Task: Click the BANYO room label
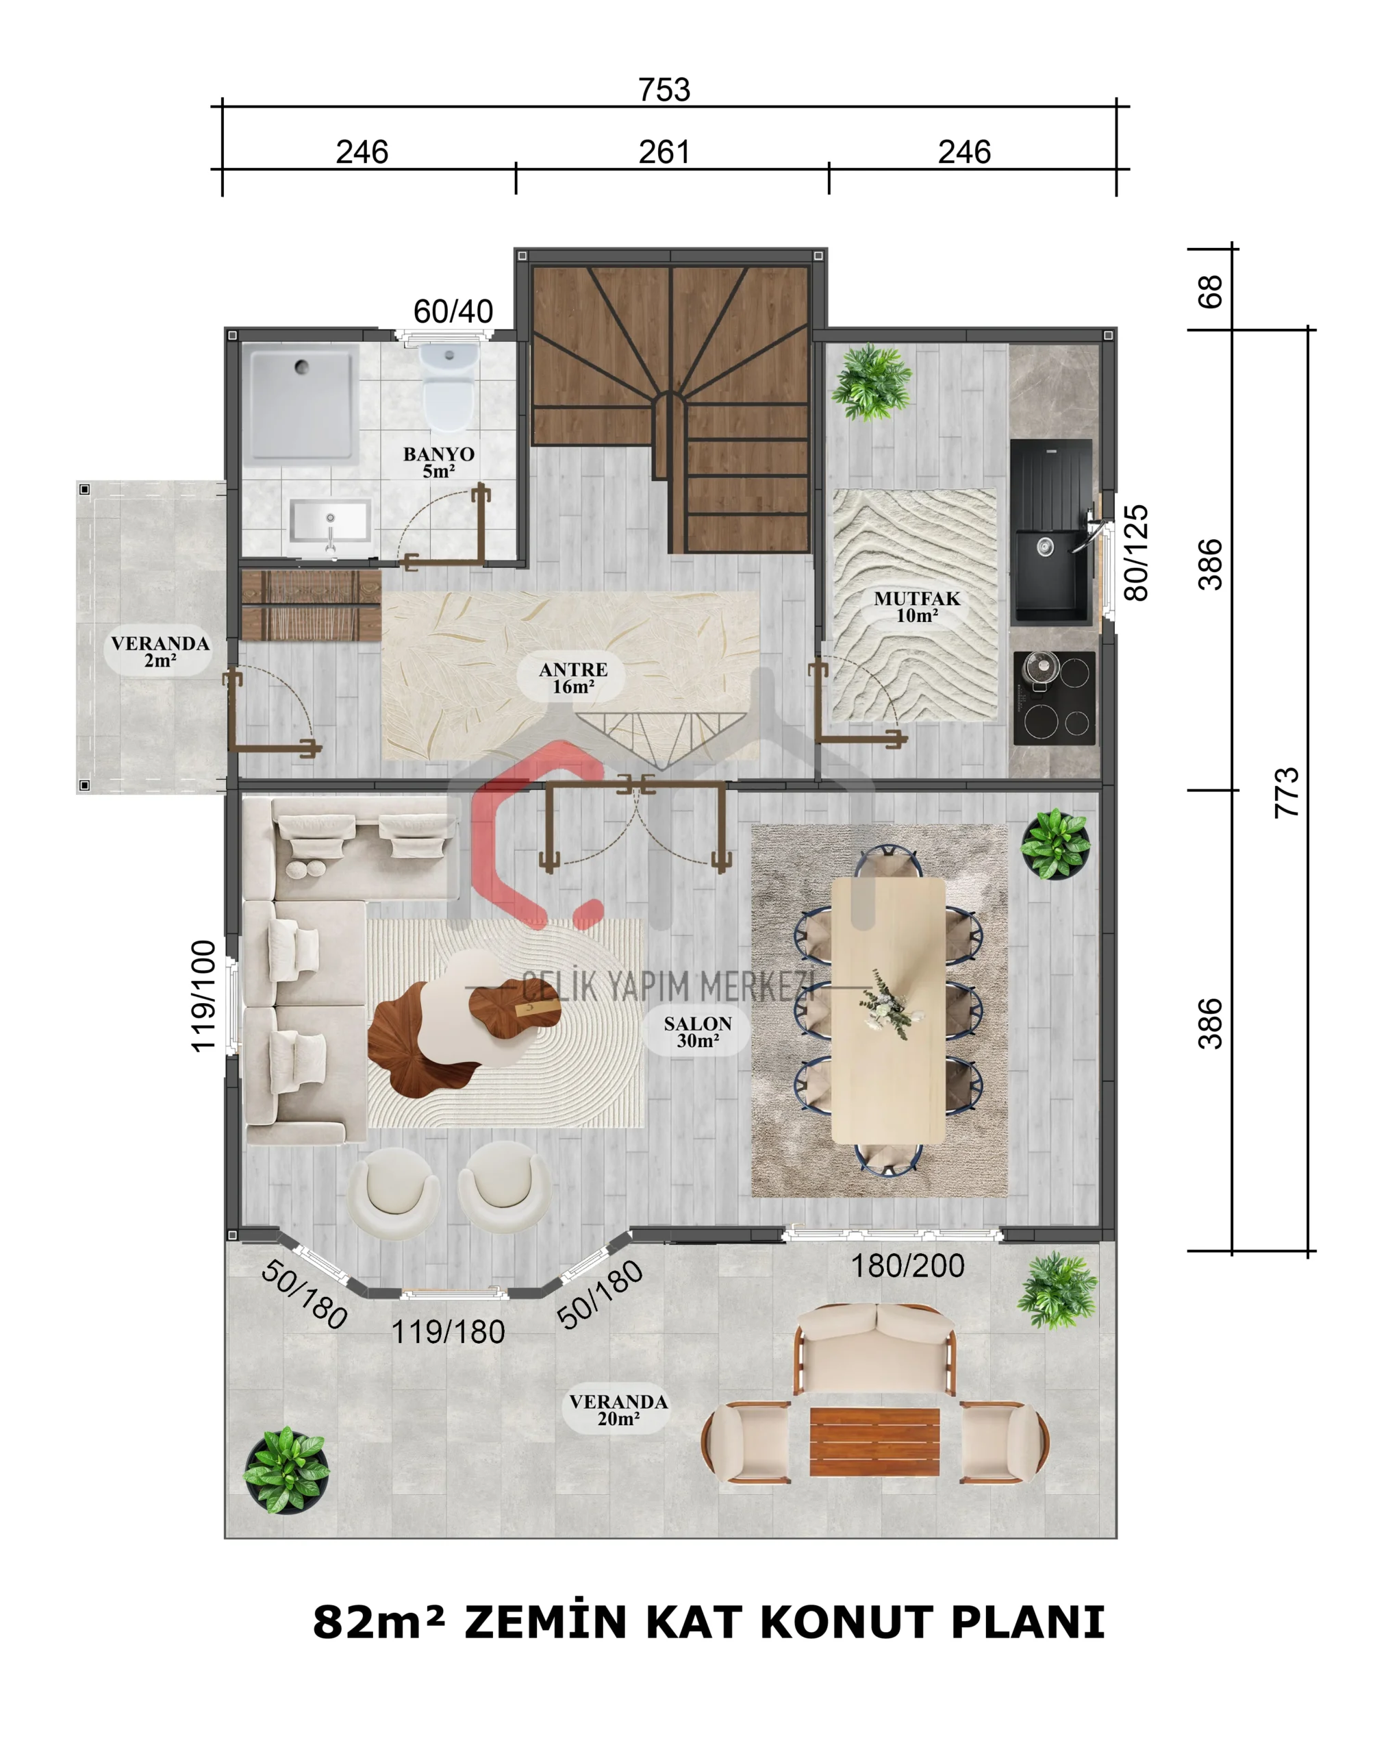(439, 462)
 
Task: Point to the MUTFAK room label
(917, 606)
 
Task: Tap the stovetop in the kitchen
(1055, 697)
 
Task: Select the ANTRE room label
(573, 678)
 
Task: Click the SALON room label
(697, 1032)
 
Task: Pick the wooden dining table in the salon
(888, 1011)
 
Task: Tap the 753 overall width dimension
(664, 89)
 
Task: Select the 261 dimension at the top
(664, 152)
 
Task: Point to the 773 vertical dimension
(1287, 793)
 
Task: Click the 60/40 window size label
(453, 312)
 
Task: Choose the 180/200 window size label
(908, 1266)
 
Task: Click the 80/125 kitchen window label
(1135, 553)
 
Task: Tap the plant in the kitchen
(871, 382)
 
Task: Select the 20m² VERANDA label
(618, 1410)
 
